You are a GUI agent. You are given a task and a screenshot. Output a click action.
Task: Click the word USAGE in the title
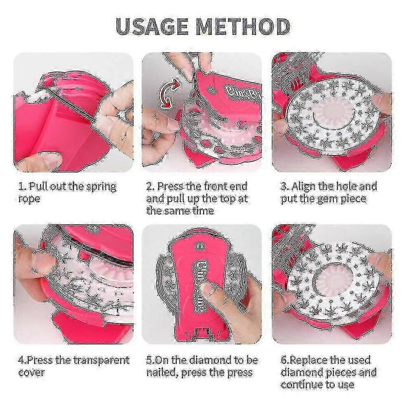(152, 26)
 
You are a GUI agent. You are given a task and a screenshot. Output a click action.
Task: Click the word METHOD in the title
(243, 26)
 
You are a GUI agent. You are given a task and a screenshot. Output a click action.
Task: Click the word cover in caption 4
(31, 373)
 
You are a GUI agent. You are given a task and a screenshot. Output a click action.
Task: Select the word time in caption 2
(203, 211)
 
